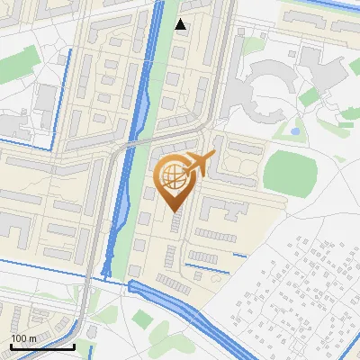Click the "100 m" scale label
click(22, 337)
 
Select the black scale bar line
click(42, 346)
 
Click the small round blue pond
click(294, 131)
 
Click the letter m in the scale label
click(32, 337)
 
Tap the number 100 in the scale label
click(19, 337)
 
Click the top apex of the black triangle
click(181, 19)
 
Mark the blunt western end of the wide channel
click(132, 287)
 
